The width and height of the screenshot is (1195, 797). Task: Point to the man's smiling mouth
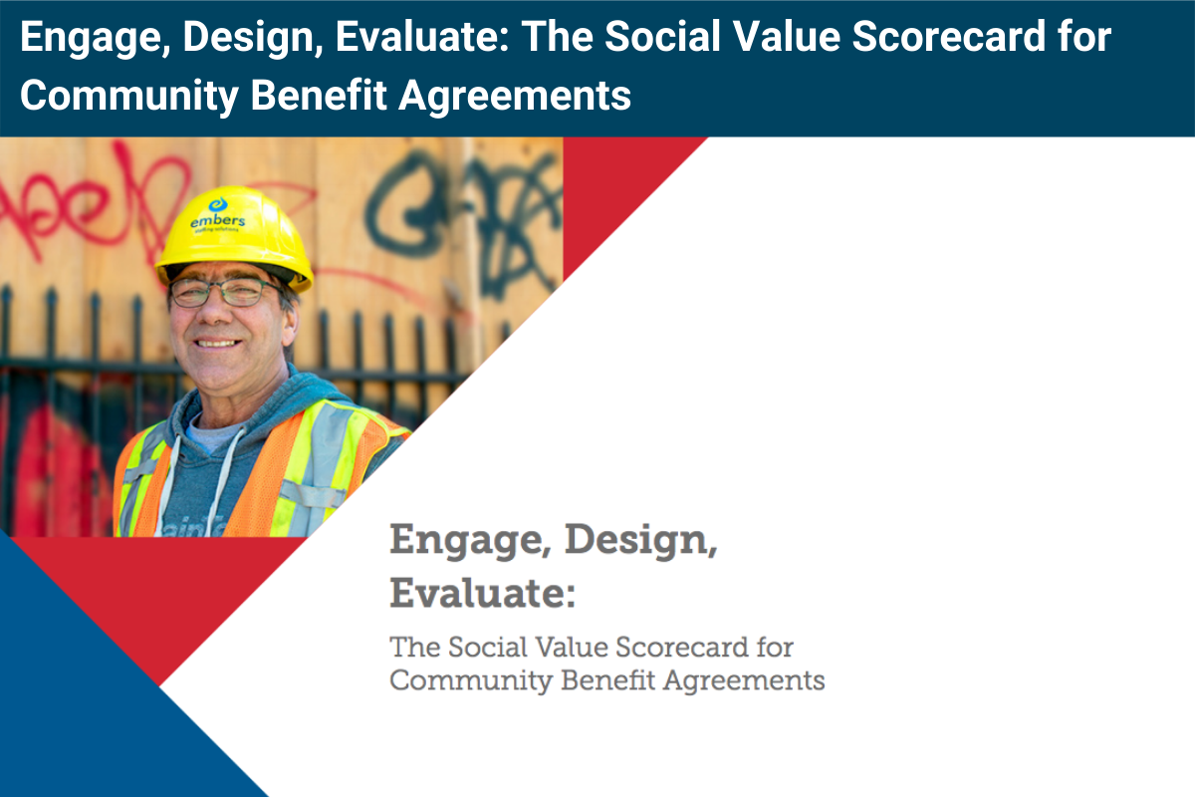pos(218,343)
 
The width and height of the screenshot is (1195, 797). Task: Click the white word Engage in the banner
pos(84,38)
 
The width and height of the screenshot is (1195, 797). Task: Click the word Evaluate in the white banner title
pos(422,38)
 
